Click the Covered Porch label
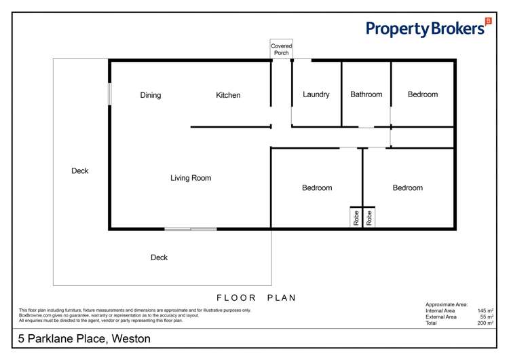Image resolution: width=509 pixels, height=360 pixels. pos(282,50)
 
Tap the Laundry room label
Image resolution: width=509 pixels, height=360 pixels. pos(316,94)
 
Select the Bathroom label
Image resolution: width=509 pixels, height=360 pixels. pos(366,94)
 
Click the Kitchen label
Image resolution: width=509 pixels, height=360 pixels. pos(228,95)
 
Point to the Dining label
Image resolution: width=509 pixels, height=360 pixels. pos(151,95)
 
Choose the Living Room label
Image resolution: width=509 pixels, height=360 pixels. pos(191,178)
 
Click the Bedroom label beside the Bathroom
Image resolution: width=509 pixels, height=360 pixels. pos(423,94)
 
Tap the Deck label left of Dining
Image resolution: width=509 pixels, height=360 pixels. pos(80,170)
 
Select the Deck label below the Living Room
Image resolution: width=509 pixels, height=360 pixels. pos(159,257)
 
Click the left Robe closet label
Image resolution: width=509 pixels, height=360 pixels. pos(356,218)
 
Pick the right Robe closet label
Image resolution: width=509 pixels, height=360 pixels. pos(370,218)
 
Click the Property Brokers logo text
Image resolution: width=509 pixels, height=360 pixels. pos(425,29)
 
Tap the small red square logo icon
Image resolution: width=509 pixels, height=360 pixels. pos(489,21)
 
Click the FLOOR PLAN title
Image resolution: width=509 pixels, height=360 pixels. pos(257,298)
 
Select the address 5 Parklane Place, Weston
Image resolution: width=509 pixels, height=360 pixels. pos(84,338)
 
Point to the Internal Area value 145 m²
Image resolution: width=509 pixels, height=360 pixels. pos(485,310)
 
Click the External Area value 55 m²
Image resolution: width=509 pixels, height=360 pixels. pos(486,317)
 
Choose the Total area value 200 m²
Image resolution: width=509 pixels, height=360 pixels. pos(485,323)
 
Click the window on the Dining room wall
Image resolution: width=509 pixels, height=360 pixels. pos(109,94)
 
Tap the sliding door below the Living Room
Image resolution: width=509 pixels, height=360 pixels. pos(191,229)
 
